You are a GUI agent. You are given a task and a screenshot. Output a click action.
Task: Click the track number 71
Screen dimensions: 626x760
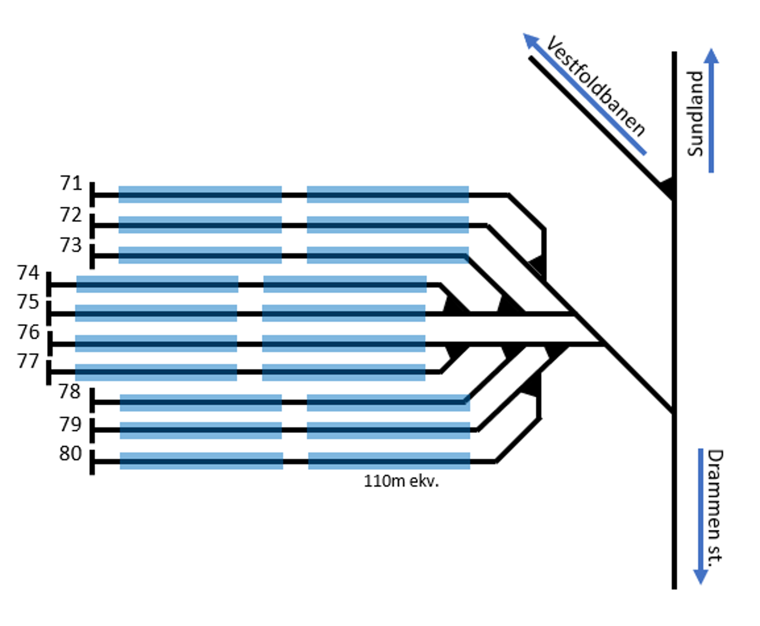pyautogui.click(x=71, y=183)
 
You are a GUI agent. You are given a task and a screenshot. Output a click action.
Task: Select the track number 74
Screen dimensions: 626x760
pyautogui.click(x=28, y=273)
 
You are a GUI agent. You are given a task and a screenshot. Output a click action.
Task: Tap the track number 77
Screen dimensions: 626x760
pyautogui.click(x=28, y=361)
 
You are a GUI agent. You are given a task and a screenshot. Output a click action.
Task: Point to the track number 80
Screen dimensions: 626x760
pyautogui.click(x=70, y=453)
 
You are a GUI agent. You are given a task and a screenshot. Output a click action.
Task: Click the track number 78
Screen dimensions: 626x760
pyautogui.click(x=70, y=392)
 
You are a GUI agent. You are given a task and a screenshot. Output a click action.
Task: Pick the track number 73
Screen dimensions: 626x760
pyautogui.click(x=71, y=245)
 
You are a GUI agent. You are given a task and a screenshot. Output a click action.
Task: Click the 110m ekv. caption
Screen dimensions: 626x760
pyautogui.click(x=401, y=481)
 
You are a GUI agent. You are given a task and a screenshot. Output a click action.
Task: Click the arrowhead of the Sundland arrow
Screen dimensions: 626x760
pyautogui.click(x=711, y=56)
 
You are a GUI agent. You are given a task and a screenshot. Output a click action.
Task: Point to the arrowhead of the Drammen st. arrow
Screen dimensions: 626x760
pyautogui.click(x=701, y=576)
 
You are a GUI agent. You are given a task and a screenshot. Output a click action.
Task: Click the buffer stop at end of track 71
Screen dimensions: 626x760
pyautogui.click(x=92, y=195)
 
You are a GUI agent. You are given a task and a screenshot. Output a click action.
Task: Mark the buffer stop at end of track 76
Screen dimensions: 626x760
pyautogui.click(x=50, y=344)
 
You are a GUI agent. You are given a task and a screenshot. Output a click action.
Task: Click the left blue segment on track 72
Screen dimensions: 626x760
pyautogui.click(x=200, y=225)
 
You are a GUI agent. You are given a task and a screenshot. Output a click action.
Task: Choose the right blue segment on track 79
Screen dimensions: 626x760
pyautogui.click(x=388, y=430)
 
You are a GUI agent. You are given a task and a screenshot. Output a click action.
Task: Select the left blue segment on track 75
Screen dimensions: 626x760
pyautogui.click(x=156, y=313)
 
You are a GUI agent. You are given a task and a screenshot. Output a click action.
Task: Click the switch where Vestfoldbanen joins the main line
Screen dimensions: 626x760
pyautogui.click(x=669, y=188)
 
